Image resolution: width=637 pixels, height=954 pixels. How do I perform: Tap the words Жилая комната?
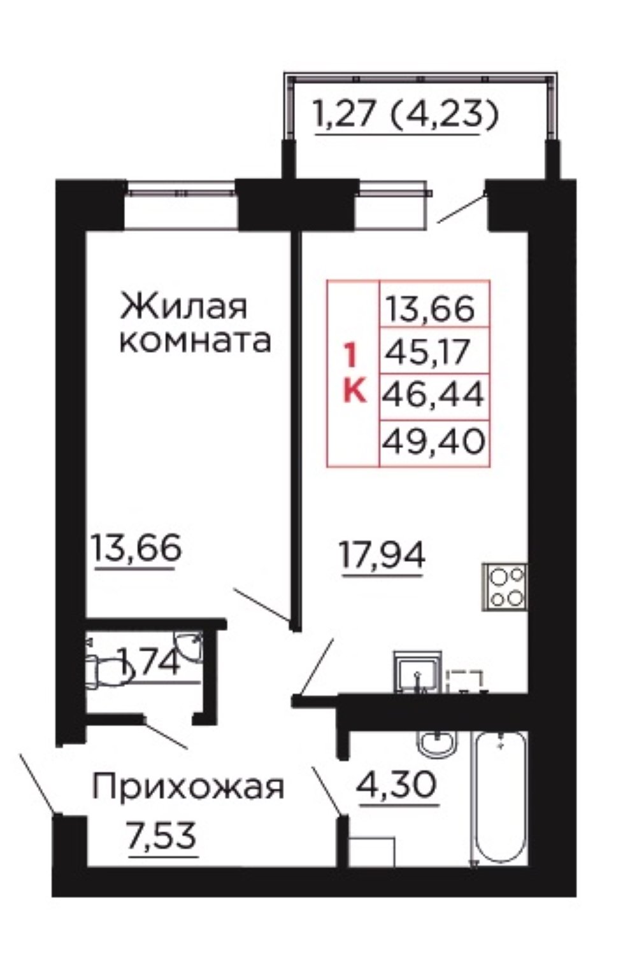[195, 324]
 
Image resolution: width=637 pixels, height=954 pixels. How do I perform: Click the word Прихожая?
[188, 787]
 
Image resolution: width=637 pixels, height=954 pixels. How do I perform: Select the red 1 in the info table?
[351, 356]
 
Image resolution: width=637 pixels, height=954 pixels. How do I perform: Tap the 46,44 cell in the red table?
[433, 395]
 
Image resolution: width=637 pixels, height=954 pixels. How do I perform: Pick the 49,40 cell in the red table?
[434, 441]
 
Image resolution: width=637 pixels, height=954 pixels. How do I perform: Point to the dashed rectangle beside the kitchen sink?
[464, 681]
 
